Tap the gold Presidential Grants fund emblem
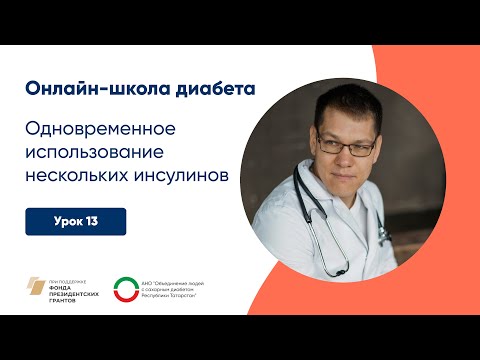click(37, 287)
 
